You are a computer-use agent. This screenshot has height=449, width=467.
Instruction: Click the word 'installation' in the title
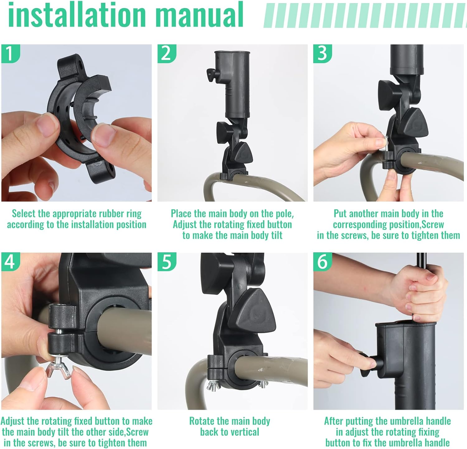[76, 15]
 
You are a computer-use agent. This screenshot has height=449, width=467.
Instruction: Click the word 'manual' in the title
[199, 15]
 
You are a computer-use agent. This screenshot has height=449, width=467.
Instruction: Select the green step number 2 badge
[166, 53]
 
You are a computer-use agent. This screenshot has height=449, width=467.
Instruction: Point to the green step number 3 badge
[322, 53]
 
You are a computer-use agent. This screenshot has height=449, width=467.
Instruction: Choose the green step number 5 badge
[166, 261]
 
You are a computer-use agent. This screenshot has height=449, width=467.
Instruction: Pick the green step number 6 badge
[322, 261]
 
